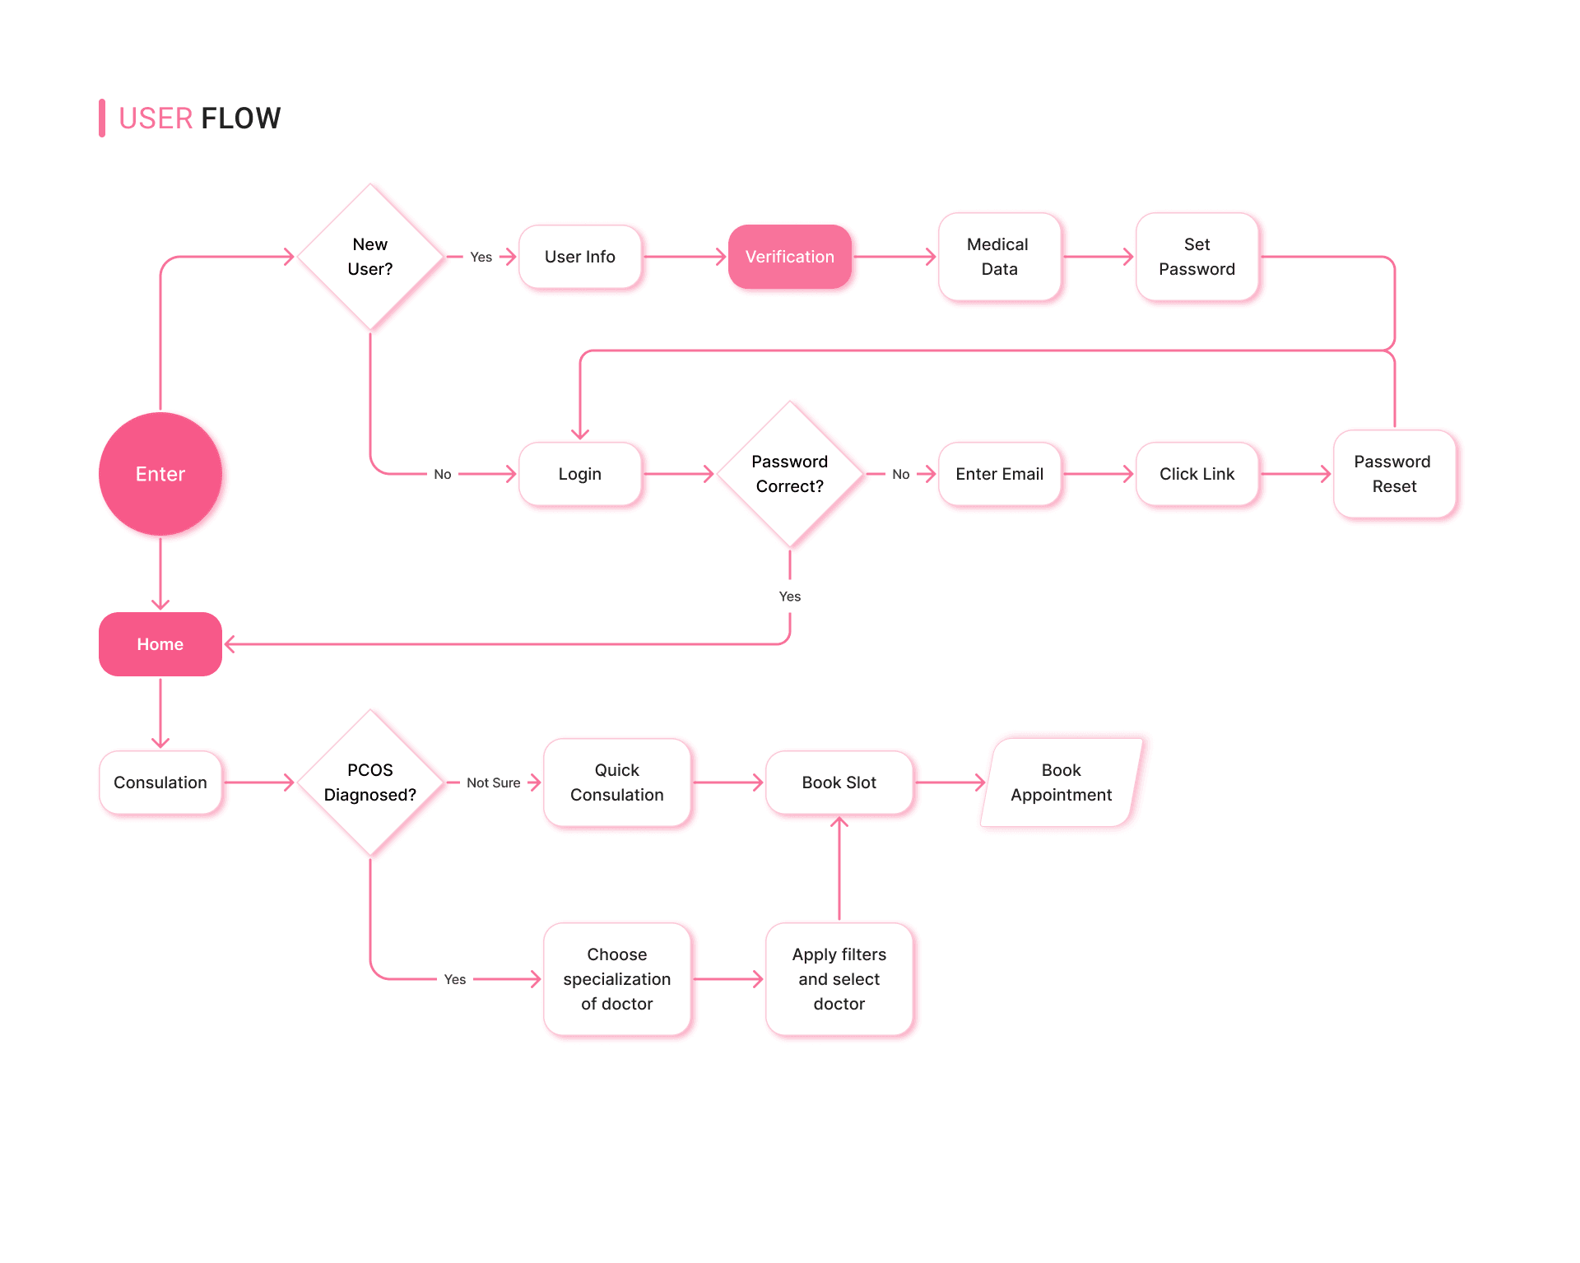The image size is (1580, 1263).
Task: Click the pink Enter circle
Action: coord(160,474)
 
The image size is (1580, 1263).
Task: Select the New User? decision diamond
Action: coord(370,257)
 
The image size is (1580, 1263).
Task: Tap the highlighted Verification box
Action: coord(789,257)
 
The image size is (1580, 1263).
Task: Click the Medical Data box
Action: coord(999,257)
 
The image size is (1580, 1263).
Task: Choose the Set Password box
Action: coord(1197,257)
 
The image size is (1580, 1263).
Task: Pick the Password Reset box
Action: coord(1394,474)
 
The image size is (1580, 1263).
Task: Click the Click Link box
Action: coord(1197,474)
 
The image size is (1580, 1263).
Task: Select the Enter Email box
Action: coord(999,474)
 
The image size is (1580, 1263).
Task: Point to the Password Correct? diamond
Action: coord(789,474)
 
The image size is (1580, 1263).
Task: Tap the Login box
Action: coord(579,474)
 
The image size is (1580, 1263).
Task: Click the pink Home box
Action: coord(160,644)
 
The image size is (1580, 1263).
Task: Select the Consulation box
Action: coord(160,782)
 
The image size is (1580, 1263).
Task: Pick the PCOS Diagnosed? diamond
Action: coord(370,782)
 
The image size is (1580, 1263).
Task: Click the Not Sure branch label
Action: coord(493,782)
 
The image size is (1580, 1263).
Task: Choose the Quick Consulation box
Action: coord(616,782)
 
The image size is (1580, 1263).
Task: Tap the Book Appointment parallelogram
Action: coord(1061,782)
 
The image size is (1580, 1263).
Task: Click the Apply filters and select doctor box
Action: coord(839,979)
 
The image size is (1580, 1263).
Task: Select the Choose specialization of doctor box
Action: coord(616,979)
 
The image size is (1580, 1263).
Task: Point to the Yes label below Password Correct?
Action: coord(789,597)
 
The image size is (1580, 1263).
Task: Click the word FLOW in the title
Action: coord(240,118)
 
